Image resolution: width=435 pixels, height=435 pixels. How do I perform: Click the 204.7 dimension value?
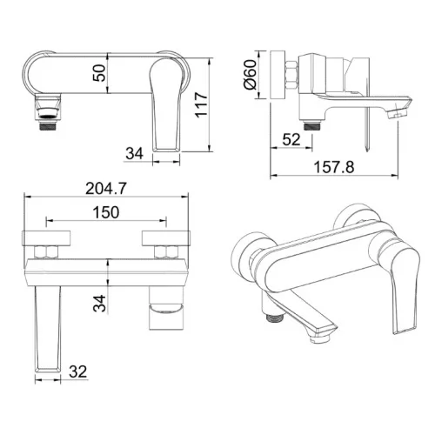coord(106,189)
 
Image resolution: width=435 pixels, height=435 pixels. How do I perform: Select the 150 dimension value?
coord(106,212)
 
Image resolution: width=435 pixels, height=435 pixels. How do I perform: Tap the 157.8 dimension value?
coord(334,167)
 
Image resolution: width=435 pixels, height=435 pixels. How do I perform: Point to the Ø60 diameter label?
coord(251,74)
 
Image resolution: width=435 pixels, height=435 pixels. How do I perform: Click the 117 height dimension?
coord(201,105)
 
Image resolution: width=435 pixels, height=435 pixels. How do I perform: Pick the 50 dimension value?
coord(99,73)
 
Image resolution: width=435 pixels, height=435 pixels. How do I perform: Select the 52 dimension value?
coord(291,139)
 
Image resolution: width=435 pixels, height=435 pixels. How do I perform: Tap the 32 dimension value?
coord(78,371)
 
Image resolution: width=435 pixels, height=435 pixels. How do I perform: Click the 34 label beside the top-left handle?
coord(134,153)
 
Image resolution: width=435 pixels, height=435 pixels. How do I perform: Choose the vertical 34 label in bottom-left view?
coord(99,304)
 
